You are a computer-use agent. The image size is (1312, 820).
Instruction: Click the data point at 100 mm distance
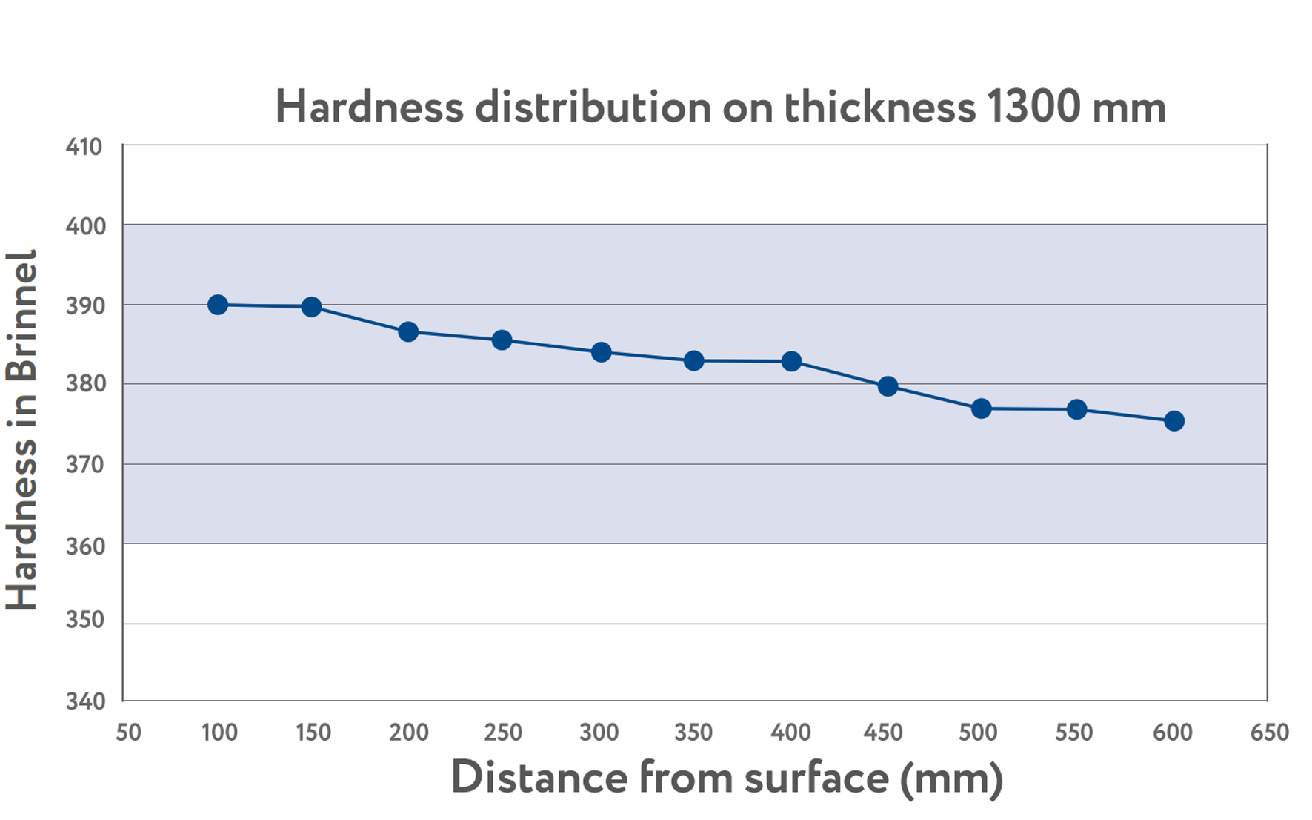[217, 305]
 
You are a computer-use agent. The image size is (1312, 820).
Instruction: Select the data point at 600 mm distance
[1173, 421]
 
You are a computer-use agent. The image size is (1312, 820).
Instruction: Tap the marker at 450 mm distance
[888, 386]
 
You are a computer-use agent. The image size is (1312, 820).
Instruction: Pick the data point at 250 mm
[502, 340]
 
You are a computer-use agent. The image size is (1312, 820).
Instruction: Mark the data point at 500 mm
[981, 409]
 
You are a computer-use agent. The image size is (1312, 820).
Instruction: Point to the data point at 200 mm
[407, 331]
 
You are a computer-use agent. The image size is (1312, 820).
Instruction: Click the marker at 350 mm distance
[693, 361]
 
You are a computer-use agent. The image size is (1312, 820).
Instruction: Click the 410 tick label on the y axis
[84, 147]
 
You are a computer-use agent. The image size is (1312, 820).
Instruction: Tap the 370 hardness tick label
[84, 465]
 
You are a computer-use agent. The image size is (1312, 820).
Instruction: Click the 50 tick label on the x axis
[128, 733]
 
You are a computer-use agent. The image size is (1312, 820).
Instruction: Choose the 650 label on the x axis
[1269, 733]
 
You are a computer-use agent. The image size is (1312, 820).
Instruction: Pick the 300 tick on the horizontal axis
[599, 733]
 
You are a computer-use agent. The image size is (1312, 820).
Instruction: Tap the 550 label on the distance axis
[1073, 733]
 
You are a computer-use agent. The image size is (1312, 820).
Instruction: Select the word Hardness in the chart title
[369, 107]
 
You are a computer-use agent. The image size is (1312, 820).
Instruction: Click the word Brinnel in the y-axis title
[22, 316]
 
